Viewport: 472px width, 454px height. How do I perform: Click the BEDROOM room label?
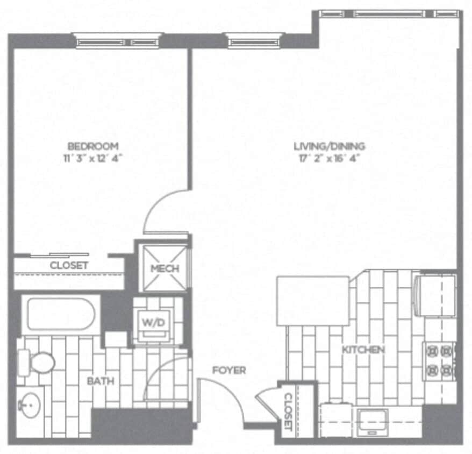pyautogui.click(x=92, y=146)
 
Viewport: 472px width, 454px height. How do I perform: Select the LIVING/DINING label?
pyautogui.click(x=329, y=146)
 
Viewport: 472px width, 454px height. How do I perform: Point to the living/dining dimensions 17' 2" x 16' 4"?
pyautogui.click(x=329, y=158)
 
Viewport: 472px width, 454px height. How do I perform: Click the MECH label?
pyautogui.click(x=164, y=268)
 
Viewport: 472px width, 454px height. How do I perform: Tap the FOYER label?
pyautogui.click(x=229, y=370)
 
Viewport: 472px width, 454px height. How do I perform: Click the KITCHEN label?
pyautogui.click(x=364, y=350)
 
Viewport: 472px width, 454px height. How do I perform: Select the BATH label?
pyautogui.click(x=101, y=381)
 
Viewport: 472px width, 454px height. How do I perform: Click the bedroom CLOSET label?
pyautogui.click(x=69, y=266)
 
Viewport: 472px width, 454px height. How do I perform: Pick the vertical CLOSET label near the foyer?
pyautogui.click(x=288, y=412)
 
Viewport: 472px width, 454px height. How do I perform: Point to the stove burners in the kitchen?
pyautogui.click(x=439, y=360)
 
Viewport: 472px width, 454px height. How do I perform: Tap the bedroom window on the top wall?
pyautogui.click(x=118, y=41)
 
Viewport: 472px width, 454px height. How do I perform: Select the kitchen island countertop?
pyautogui.click(x=313, y=301)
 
